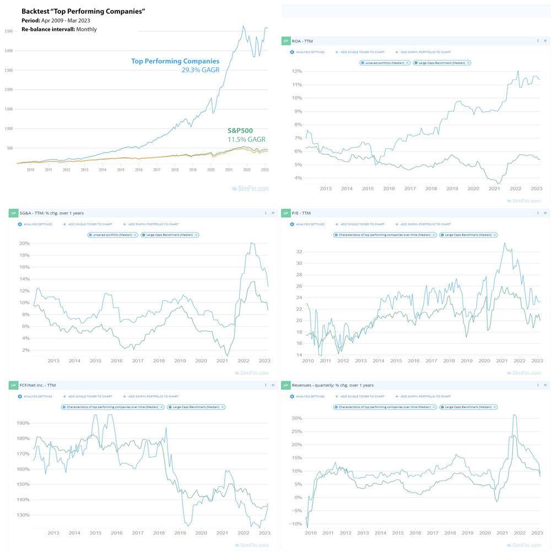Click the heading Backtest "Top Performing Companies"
[83, 11]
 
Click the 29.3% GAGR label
[200, 70]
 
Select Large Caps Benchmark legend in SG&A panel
[170, 235]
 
